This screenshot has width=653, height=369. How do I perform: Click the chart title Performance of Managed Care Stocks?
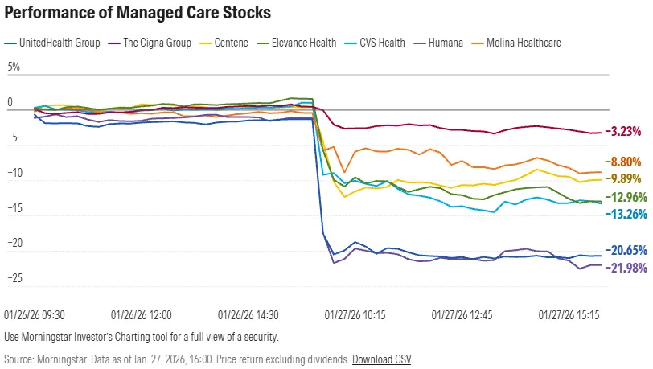tap(138, 14)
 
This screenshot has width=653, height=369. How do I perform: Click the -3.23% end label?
tap(624, 131)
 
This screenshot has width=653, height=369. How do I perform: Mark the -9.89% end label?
tap(624, 178)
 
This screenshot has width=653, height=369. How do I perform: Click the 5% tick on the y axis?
tap(14, 68)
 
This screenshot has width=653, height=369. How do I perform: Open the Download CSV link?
tap(381, 359)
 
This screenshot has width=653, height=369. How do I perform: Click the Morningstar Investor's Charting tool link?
tap(142, 337)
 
